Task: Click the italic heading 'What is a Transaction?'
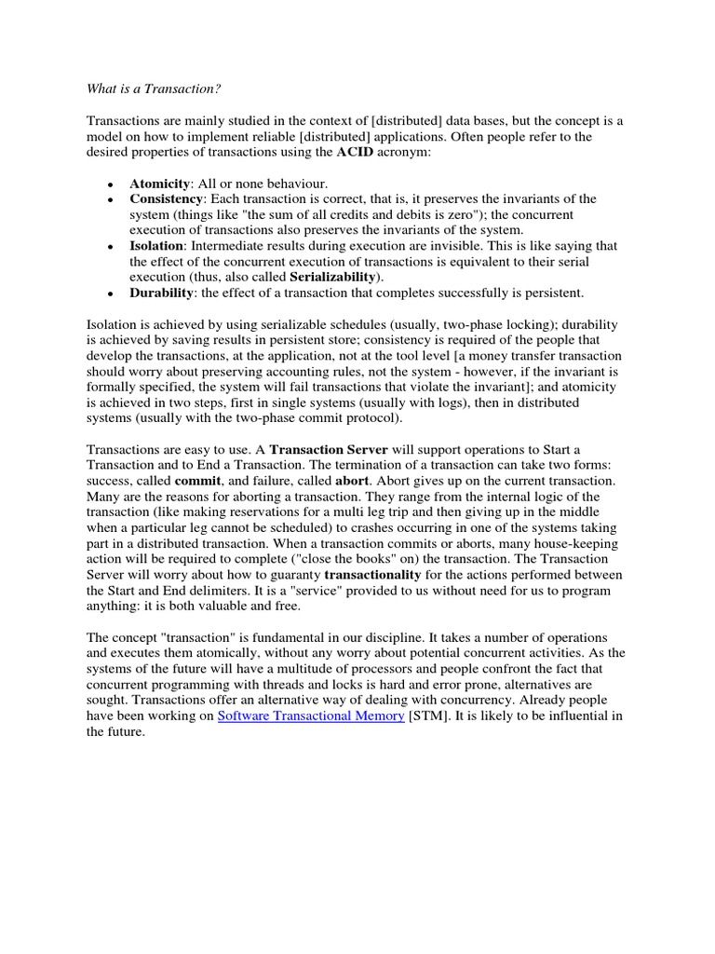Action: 155,89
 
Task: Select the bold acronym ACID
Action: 361,152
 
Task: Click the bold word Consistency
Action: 166,199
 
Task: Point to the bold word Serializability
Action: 334,278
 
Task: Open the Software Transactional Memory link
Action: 310,715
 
